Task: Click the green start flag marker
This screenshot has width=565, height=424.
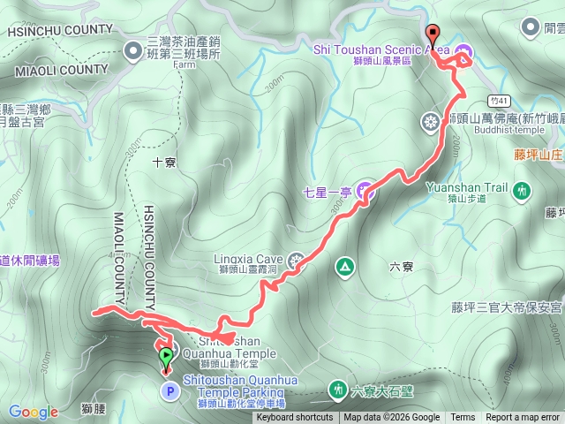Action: (166, 359)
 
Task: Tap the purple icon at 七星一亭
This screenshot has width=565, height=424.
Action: (365, 191)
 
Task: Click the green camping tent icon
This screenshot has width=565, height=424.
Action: (343, 265)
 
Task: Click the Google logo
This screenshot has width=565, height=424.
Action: (33, 412)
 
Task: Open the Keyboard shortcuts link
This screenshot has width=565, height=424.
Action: (295, 418)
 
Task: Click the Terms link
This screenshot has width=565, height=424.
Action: (463, 418)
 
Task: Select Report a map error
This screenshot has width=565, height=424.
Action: (524, 418)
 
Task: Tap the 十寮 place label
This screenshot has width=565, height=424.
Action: (165, 162)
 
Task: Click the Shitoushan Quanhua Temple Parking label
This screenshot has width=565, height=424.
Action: (234, 386)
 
